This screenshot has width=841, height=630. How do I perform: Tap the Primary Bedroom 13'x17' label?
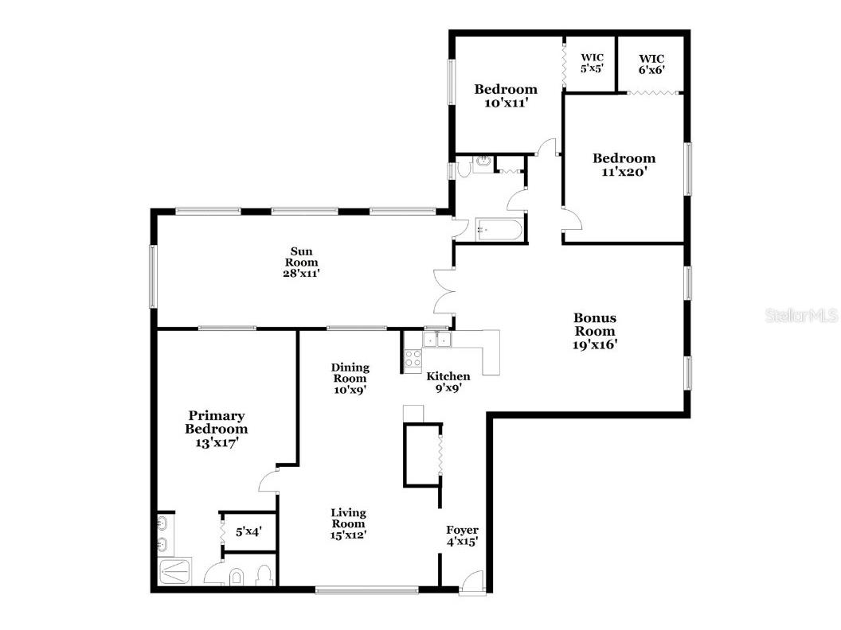[216, 430]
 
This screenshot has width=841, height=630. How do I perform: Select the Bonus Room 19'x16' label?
[594, 331]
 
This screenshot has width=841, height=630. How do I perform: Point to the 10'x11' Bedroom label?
[506, 95]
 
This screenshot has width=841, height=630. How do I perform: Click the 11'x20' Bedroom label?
[624, 165]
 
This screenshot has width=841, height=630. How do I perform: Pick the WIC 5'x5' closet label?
[592, 63]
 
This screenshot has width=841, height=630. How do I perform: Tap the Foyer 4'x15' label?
[462, 536]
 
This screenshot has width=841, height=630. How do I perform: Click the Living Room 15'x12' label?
[349, 523]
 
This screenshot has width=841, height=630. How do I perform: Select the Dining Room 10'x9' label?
[350, 379]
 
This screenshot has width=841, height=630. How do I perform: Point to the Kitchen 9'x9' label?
[448, 382]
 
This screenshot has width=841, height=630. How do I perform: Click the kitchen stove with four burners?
[413, 358]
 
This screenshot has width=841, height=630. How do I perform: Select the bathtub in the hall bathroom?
[498, 231]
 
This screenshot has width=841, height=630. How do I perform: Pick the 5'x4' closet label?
[248, 531]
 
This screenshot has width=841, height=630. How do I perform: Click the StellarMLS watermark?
[802, 316]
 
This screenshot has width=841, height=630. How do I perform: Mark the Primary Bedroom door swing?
[269, 481]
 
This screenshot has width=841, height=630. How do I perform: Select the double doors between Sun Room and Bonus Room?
[443, 292]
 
